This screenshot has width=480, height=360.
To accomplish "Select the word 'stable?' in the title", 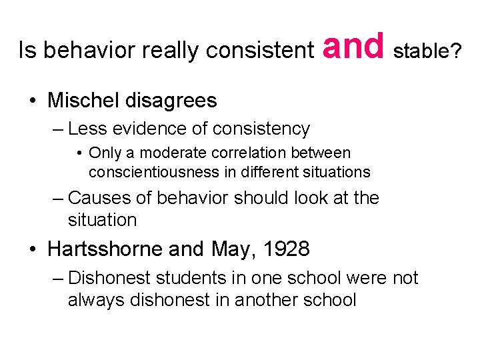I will (427, 51).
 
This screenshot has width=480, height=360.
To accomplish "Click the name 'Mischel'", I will (84, 101).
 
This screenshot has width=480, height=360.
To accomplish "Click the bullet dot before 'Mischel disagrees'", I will (33, 101).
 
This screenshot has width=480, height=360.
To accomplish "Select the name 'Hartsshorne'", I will (105, 249).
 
